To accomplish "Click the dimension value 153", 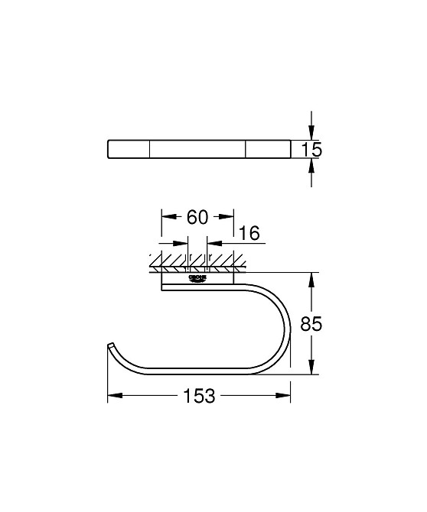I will point(199,396).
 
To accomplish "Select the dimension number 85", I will point(310,324).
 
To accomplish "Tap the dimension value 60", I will point(197,217).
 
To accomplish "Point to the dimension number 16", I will point(250,233).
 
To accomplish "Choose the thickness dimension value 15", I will point(311,149).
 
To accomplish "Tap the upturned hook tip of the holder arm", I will point(111,348).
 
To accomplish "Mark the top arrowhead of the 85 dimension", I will point(311,276).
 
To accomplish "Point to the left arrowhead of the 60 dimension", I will point(166,216).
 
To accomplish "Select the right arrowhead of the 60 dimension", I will point(229,216).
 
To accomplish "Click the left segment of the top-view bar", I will point(129,149).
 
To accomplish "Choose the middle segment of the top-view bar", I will point(197,149).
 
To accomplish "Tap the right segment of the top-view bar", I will point(268,149).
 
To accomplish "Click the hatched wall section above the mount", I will point(197,264).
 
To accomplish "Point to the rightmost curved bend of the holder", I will point(289,325).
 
